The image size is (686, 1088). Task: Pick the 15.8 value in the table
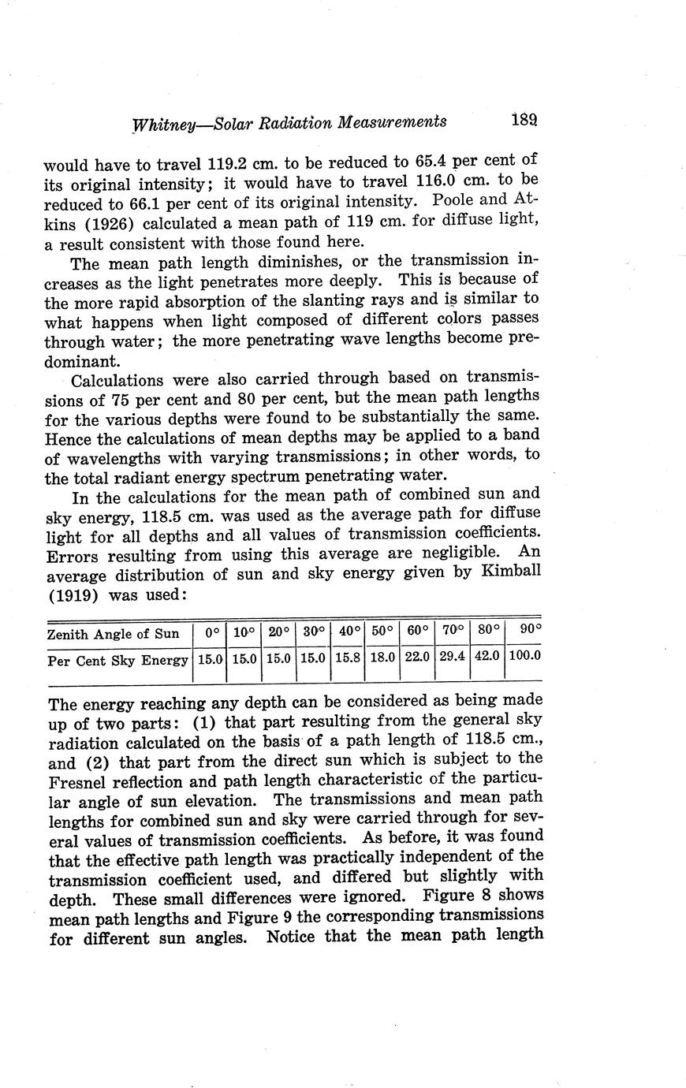347,655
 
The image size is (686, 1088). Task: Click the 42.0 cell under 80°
487,655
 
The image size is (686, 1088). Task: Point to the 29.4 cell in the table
452,655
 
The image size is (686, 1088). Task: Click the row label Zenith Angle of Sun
114,634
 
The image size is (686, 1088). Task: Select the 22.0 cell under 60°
417,655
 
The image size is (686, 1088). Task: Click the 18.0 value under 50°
382,655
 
